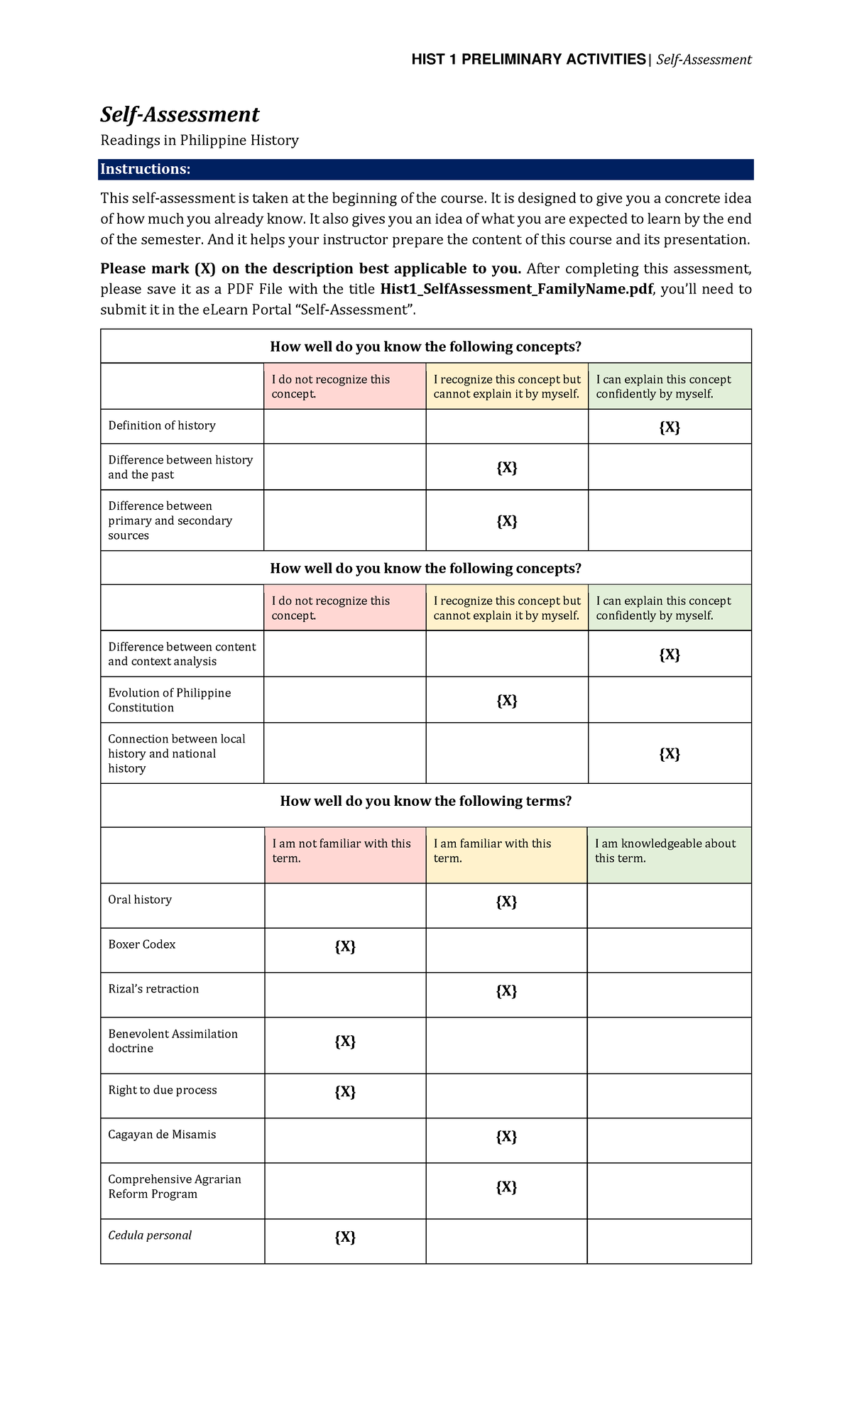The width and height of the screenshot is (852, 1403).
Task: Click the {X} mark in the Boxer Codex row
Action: tap(345, 946)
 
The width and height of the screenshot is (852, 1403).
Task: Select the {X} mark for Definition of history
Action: tap(670, 427)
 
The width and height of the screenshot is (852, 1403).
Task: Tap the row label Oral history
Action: tap(140, 900)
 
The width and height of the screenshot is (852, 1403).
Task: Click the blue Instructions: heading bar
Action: tap(426, 169)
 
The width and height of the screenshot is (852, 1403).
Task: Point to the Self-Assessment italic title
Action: tap(180, 114)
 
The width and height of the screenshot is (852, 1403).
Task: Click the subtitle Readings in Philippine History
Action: tap(200, 140)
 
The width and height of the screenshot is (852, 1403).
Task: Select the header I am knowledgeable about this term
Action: tap(665, 851)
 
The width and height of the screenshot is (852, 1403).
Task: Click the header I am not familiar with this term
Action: tap(342, 851)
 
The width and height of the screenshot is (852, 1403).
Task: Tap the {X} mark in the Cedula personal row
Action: tap(345, 1238)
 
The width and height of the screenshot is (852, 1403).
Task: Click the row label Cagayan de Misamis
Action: tap(162, 1135)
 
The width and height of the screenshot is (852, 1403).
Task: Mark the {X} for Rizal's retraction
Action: tap(506, 991)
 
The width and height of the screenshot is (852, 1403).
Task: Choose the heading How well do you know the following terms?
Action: tap(426, 801)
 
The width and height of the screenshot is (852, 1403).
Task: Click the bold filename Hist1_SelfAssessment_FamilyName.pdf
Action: tap(517, 289)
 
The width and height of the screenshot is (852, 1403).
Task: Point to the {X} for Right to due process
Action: tap(345, 1092)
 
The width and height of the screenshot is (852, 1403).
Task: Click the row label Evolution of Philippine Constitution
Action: tap(170, 700)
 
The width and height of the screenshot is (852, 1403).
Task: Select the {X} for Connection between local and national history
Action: tap(670, 754)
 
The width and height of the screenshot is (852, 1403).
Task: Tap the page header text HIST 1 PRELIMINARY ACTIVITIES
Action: tap(529, 59)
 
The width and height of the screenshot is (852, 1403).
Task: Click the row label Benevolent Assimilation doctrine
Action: tap(173, 1041)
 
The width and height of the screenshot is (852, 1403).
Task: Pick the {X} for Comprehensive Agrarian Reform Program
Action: tap(506, 1187)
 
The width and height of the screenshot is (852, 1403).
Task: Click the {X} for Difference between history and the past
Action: tap(506, 468)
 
